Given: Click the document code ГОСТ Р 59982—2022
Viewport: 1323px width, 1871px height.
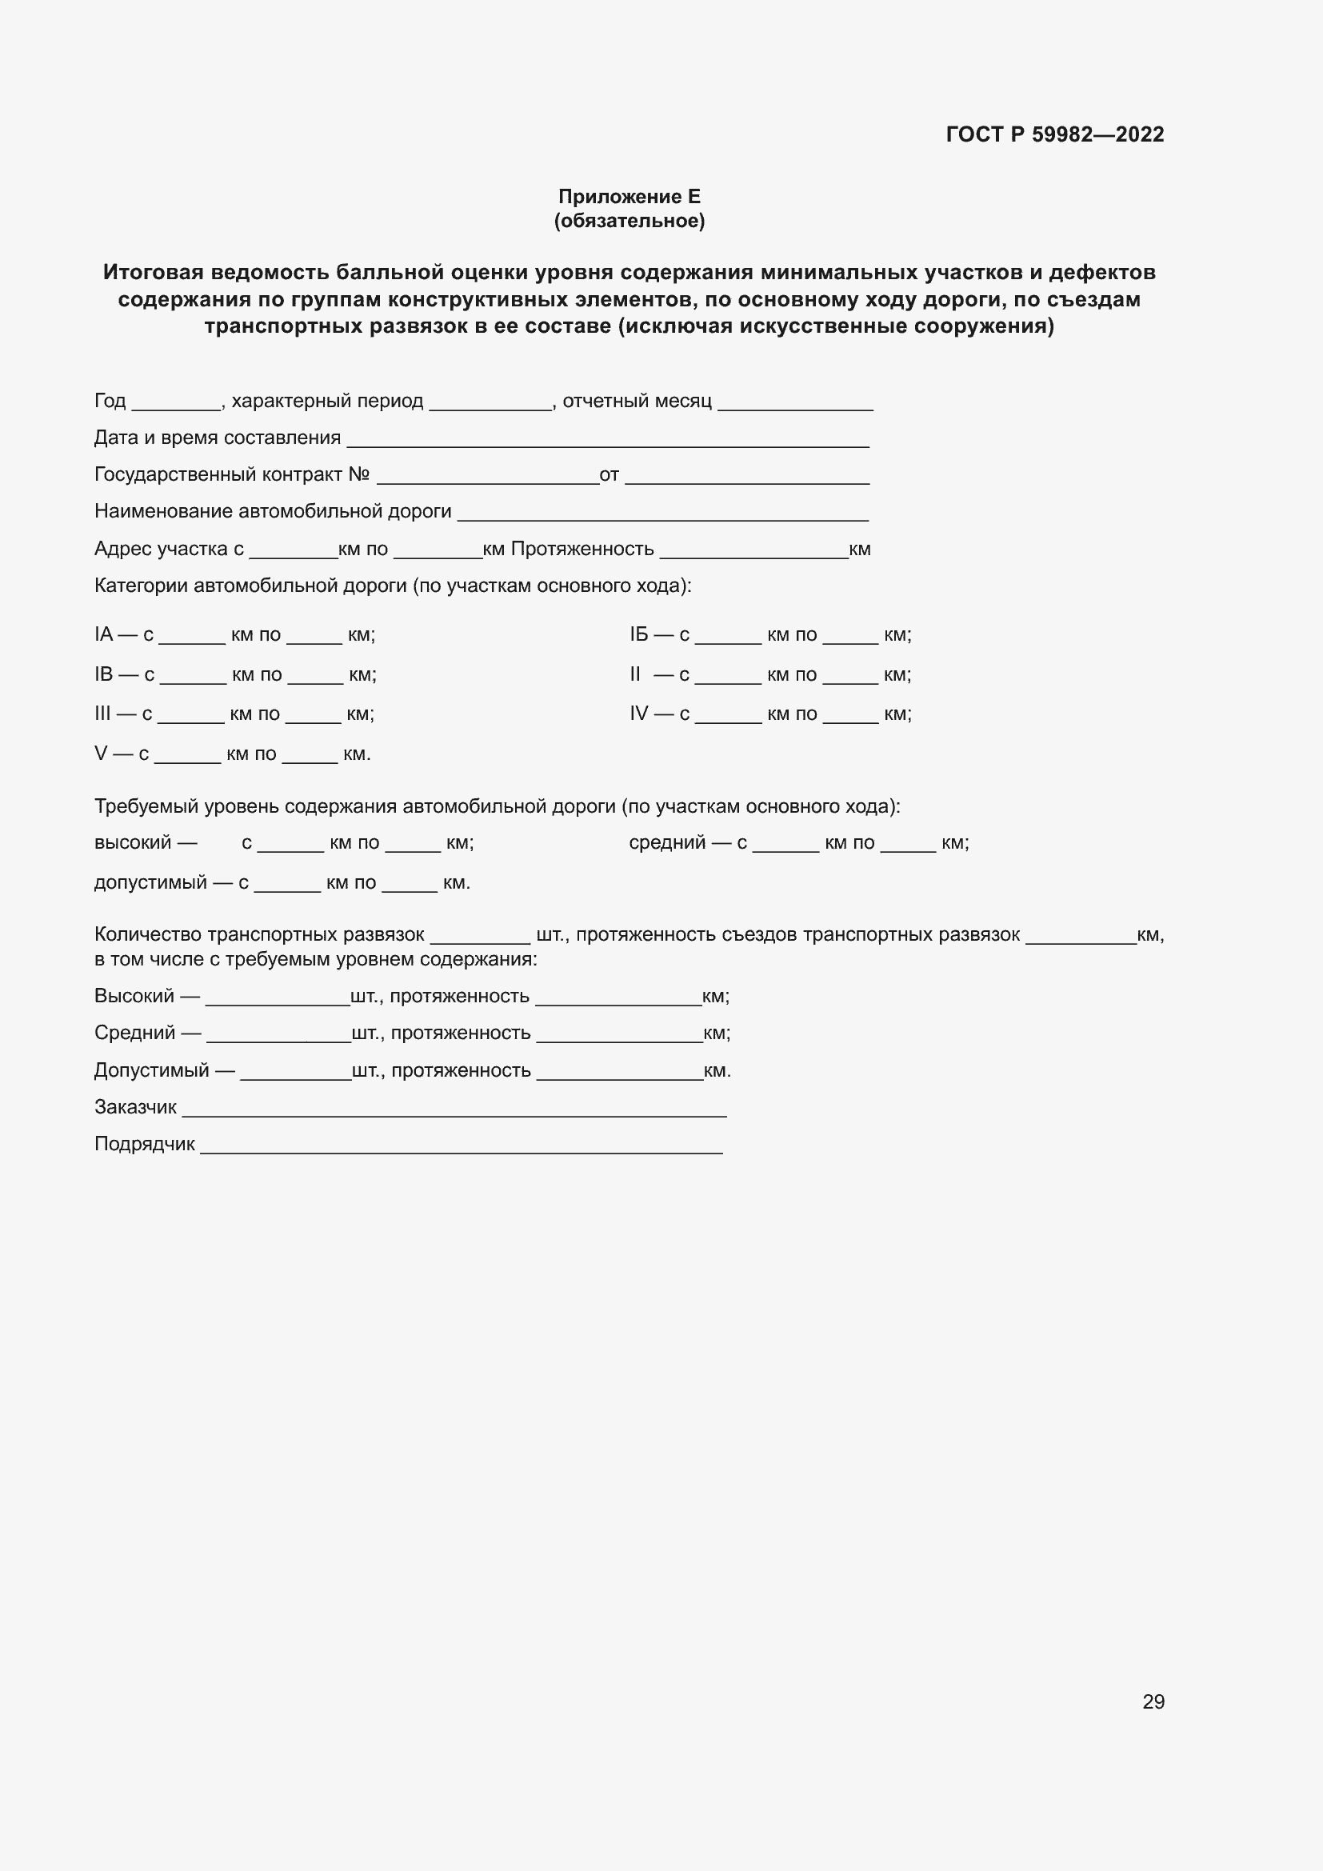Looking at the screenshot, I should pyautogui.click(x=1054, y=134).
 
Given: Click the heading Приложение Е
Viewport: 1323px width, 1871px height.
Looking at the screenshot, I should pyautogui.click(x=629, y=197).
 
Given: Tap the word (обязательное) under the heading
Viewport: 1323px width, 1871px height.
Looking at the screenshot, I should pyautogui.click(x=629, y=221).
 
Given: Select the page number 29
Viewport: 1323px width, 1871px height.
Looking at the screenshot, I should pyautogui.click(x=1153, y=1701).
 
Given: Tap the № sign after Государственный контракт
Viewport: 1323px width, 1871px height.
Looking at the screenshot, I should pyautogui.click(x=359, y=474).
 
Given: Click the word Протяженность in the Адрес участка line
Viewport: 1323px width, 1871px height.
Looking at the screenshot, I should pyautogui.click(x=582, y=550).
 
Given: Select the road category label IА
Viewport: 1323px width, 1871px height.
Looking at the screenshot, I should pyautogui.click(x=103, y=635).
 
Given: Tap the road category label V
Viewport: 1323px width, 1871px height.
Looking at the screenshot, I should pyautogui.click(x=101, y=754).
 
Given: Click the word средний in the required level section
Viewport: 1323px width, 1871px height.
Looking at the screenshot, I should pyautogui.click(x=666, y=842).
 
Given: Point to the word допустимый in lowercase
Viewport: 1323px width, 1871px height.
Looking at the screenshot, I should pyautogui.click(x=150, y=883).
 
